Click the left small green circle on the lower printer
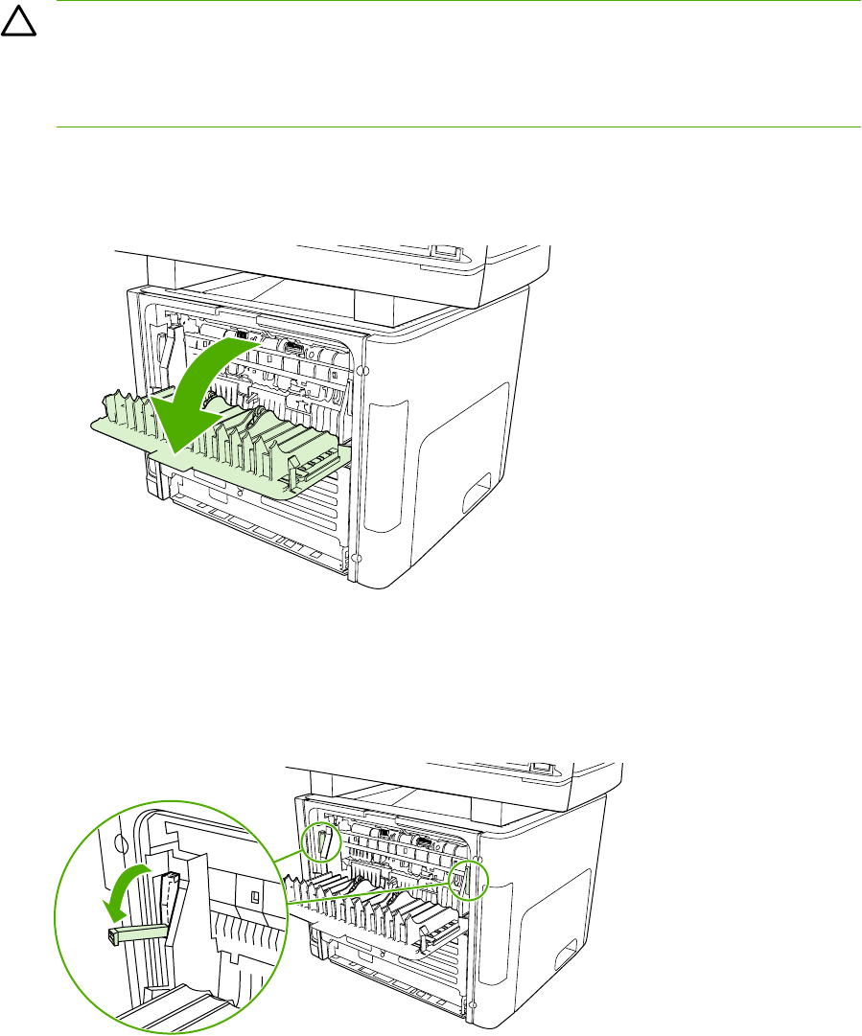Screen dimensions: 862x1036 click(323, 842)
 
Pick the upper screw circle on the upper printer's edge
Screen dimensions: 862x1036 click(361, 370)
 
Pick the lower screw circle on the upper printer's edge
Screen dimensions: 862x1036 click(357, 557)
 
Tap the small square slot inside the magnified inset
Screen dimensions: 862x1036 click(254, 897)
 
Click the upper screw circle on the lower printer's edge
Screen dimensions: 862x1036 click(478, 831)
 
